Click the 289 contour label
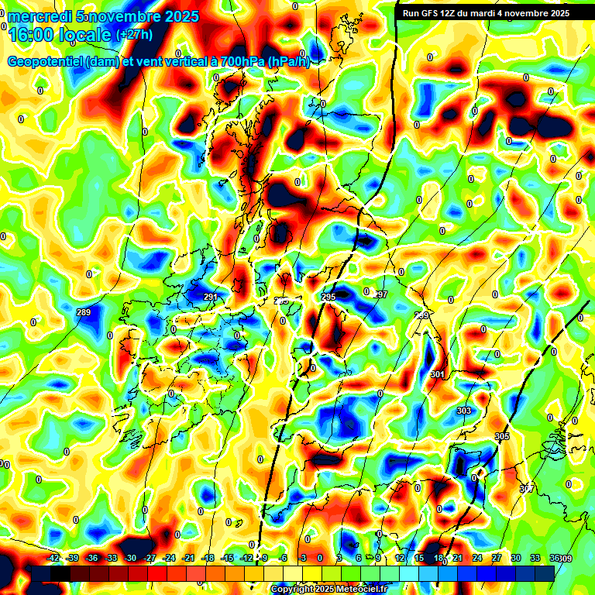84,312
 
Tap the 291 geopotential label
210,297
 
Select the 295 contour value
328,297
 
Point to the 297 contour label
380,294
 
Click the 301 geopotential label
438,374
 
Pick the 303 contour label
463,411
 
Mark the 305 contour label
501,437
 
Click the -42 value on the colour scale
53,559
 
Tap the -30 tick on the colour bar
130,559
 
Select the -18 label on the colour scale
207,559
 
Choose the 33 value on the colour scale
535,559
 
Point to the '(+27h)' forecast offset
134,34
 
